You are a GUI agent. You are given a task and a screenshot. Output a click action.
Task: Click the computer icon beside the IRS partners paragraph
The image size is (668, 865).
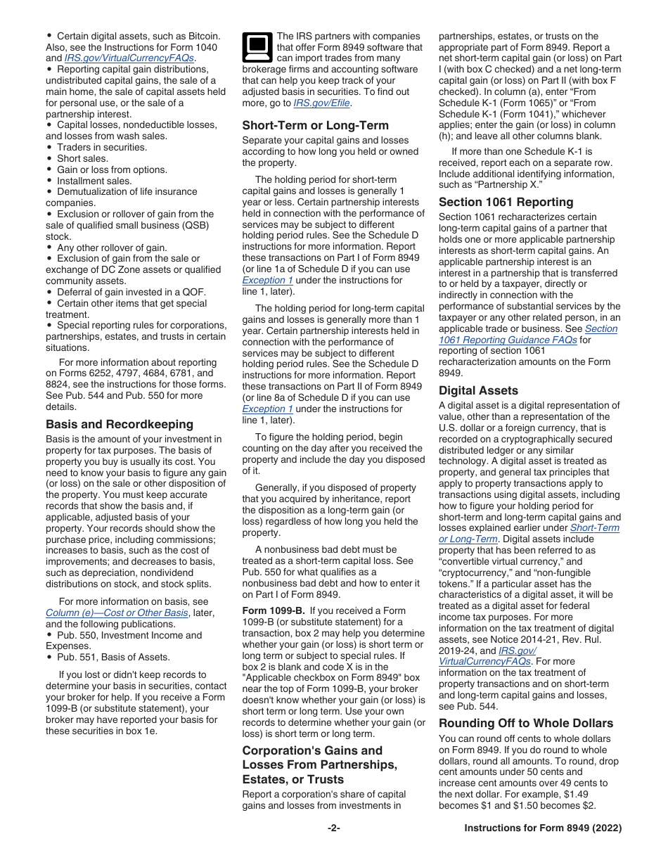pos(257,47)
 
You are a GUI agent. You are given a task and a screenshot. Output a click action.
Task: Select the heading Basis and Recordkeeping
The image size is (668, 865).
pos(119,424)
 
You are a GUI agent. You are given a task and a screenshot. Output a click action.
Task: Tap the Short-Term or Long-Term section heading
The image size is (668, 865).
pos(315,125)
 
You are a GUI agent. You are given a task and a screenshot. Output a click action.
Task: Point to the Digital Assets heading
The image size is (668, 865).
pos(478,390)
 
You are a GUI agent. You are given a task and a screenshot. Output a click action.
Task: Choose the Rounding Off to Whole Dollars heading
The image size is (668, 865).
pos(526,723)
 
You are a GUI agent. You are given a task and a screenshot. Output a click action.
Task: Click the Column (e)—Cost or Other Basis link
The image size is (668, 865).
pos(117,613)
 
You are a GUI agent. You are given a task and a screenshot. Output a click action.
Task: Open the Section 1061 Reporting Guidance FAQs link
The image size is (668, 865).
pos(527,334)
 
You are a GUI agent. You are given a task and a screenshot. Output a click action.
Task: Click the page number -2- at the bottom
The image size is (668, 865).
pos(334,828)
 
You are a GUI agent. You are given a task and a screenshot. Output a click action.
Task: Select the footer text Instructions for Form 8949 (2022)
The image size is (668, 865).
pos(543,828)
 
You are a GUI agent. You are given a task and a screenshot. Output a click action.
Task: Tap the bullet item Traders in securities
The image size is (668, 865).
pos(101,147)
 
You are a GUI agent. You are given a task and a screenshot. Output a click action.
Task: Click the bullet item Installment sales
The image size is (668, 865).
pos(94,181)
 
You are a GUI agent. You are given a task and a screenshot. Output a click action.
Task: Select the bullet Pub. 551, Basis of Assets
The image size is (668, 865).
pos(113,657)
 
